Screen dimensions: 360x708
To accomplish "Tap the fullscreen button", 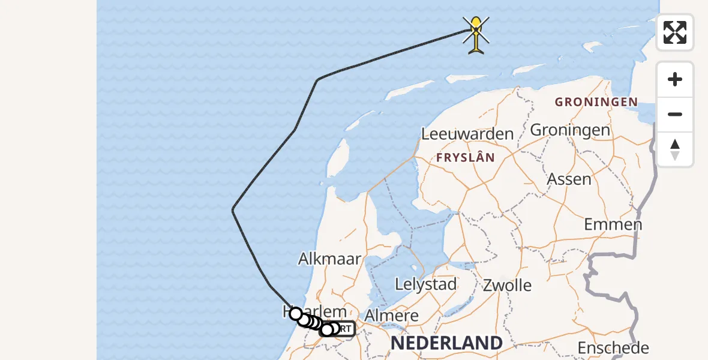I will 675,32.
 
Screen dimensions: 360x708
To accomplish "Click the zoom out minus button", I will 675,114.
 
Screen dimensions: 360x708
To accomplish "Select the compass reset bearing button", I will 675,149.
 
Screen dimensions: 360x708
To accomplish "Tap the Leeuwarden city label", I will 467,134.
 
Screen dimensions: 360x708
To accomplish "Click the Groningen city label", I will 569,130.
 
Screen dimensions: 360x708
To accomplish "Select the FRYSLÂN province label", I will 466,158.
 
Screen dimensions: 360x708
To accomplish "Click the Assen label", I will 569,179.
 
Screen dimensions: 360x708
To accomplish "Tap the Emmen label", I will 613,224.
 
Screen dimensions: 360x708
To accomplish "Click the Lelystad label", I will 426,284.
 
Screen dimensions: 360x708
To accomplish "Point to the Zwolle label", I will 507,285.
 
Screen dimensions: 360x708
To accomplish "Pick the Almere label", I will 392,316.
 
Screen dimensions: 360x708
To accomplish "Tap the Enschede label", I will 613,347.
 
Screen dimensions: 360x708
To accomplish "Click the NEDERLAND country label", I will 446,343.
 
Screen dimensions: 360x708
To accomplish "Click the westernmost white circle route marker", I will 295,313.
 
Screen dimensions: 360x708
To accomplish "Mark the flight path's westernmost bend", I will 233,209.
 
